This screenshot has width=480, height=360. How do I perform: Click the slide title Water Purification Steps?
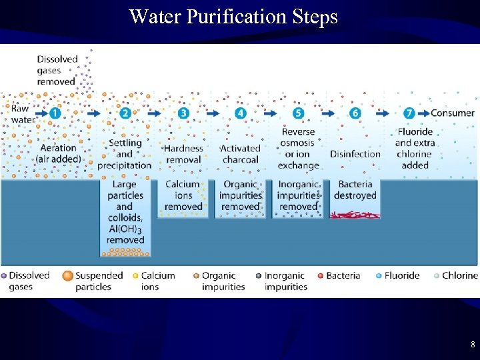click(233, 16)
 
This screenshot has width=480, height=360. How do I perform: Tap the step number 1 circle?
click(55, 113)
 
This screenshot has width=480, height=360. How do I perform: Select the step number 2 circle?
click(125, 113)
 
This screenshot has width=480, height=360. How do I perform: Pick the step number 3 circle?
click(183, 113)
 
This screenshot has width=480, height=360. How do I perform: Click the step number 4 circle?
click(241, 113)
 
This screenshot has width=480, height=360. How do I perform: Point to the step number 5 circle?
click(298, 113)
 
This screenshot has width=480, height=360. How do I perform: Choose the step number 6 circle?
click(355, 113)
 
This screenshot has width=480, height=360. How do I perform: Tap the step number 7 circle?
click(409, 113)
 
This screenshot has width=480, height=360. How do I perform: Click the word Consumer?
click(453, 113)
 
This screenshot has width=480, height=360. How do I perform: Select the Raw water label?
click(23, 114)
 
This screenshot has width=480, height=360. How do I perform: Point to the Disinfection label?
click(355, 154)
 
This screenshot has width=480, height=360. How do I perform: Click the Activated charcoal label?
click(240, 154)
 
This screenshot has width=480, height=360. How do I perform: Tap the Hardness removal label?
click(183, 154)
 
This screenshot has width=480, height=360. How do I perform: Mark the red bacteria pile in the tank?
click(355, 215)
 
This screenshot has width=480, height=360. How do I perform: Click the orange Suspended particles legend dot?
click(67, 275)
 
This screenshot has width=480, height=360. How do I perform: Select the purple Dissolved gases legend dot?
click(4, 275)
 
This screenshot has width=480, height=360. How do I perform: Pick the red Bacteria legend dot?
click(321, 275)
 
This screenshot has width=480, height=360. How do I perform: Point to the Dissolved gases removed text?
click(57, 70)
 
